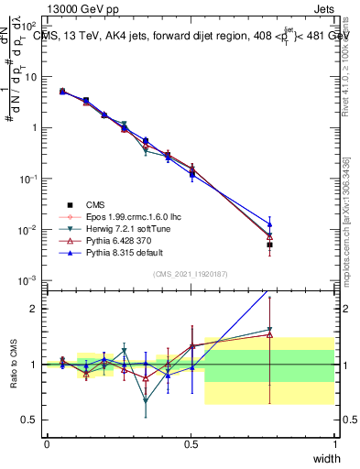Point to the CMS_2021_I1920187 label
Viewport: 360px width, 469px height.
point(190,273)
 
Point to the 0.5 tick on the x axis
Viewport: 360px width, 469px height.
point(191,444)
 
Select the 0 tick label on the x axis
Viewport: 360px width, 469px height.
point(47,444)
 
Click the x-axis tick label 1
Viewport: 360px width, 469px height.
point(335,444)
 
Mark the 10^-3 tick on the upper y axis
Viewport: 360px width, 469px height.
point(31,279)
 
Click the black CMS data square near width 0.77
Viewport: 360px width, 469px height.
point(269,245)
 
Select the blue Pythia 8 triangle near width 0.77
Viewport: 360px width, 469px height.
point(269,223)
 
